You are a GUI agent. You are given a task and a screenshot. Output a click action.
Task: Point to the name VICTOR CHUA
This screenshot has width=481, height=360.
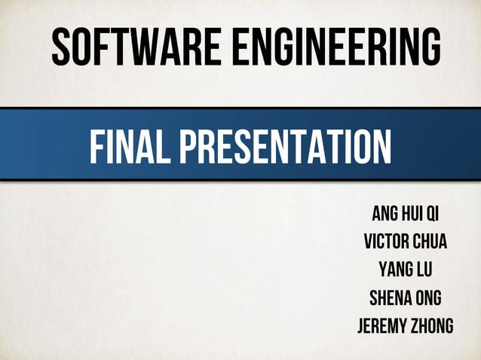pyautogui.click(x=405, y=242)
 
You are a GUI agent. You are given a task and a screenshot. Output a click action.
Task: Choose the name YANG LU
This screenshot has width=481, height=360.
pyautogui.click(x=405, y=270)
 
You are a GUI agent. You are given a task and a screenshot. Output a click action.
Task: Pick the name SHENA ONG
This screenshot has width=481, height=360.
pyautogui.click(x=405, y=297)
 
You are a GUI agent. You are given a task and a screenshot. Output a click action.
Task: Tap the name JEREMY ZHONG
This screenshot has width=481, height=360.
pyautogui.click(x=405, y=326)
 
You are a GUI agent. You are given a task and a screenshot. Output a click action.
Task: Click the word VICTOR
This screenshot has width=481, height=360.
pyautogui.click(x=384, y=242)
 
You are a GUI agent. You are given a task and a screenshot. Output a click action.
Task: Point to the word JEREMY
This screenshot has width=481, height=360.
pyautogui.click(x=381, y=326)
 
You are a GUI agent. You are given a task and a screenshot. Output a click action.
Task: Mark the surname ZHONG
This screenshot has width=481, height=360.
pyautogui.click(x=431, y=326)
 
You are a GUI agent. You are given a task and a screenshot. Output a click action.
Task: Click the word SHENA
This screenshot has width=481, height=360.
pyautogui.click(x=389, y=297)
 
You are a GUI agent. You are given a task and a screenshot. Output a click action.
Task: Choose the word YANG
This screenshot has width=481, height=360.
pyautogui.click(x=394, y=270)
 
